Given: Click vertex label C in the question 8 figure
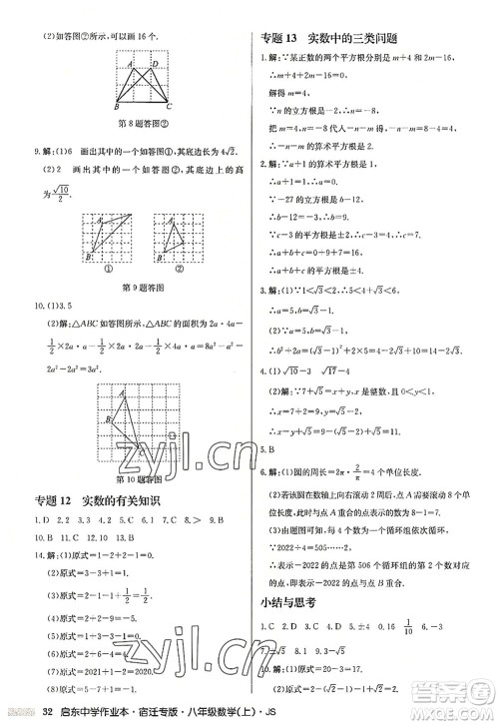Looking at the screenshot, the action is pyautogui.click(x=170, y=106).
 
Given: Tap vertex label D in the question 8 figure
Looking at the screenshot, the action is pyautogui.click(x=161, y=64).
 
